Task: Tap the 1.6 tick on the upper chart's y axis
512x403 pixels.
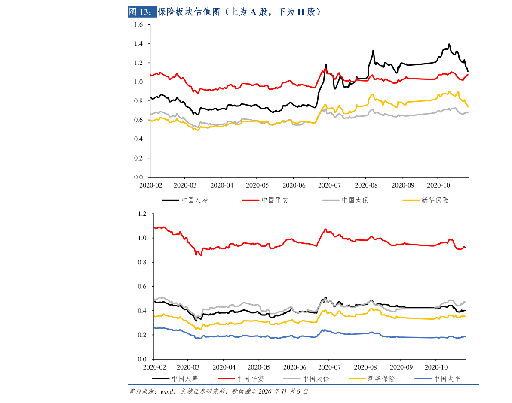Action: (138, 25)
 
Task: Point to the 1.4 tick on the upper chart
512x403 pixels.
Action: (138, 44)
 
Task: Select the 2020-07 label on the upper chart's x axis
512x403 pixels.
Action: (329, 185)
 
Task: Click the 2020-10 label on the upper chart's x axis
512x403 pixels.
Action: (438, 185)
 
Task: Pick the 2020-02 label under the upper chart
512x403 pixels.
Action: (150, 185)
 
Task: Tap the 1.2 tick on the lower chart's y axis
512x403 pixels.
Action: (142, 214)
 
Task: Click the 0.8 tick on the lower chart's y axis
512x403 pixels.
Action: (142, 262)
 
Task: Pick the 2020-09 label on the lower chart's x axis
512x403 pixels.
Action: (401, 368)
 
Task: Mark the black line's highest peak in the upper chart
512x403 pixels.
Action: (449, 44)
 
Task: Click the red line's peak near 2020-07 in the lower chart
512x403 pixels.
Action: (325, 229)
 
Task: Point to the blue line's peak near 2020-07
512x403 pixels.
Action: (324, 330)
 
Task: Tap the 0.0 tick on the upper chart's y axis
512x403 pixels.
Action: (138, 177)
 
